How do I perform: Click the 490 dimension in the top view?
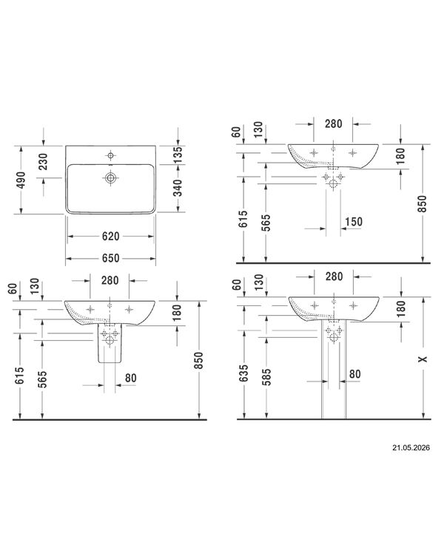(21, 180)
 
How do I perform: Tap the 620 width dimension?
(111, 236)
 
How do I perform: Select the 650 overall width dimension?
(111, 258)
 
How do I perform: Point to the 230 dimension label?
(43, 161)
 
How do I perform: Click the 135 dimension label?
(178, 155)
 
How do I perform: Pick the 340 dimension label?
(178, 188)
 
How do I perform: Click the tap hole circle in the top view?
(111, 155)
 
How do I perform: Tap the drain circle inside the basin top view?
(111, 177)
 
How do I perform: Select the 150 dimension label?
(354, 222)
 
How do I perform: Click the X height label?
(423, 359)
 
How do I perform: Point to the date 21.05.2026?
(411, 447)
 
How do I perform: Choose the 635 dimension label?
(243, 373)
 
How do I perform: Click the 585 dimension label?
(266, 376)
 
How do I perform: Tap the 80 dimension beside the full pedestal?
(355, 374)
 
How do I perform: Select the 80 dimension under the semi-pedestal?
(130, 378)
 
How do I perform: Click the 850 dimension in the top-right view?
(423, 203)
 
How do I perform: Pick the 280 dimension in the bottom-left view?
(110, 280)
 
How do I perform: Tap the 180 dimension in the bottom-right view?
(401, 308)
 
